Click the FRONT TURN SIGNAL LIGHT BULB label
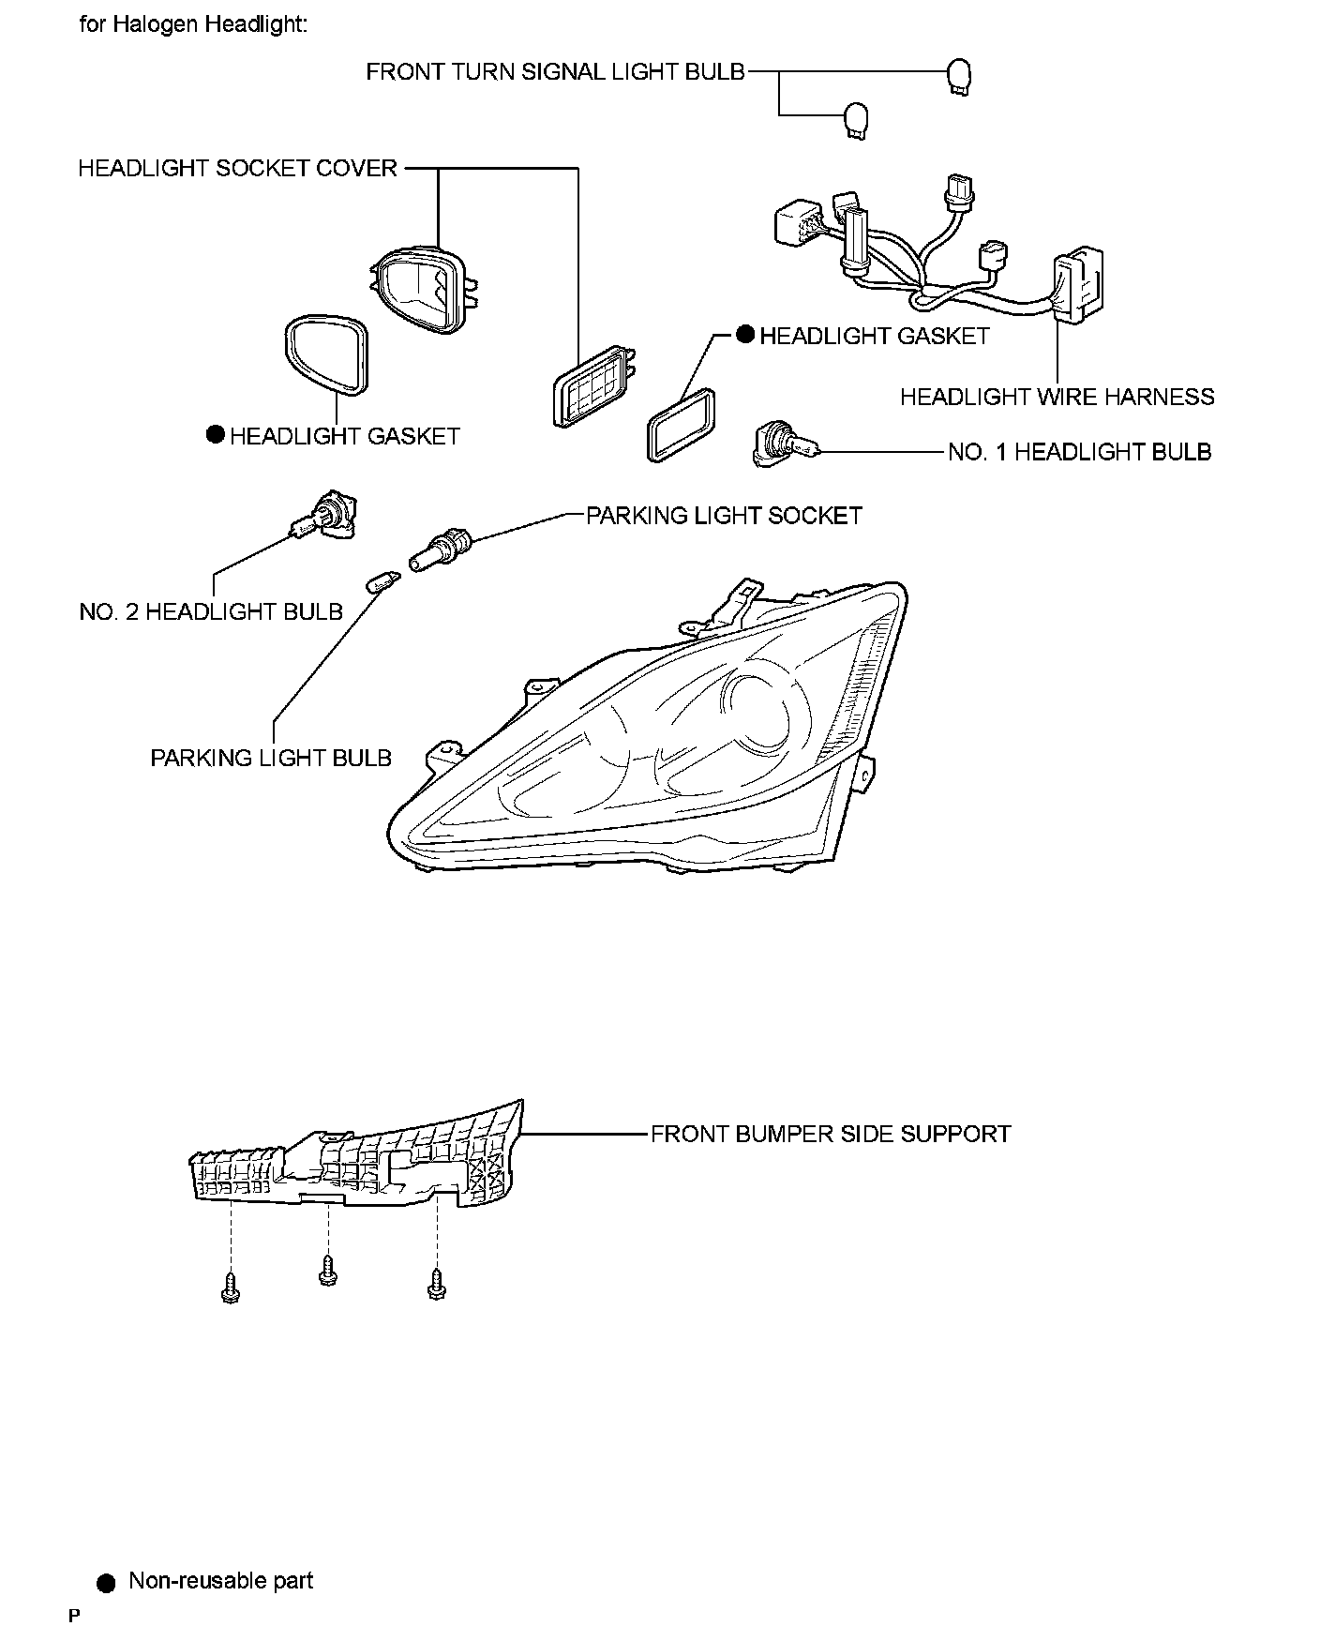click(x=555, y=72)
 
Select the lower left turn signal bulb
click(x=856, y=120)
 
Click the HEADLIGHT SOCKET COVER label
click(x=237, y=169)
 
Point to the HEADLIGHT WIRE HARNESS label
click(x=1057, y=397)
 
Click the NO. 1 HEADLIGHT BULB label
click(x=1079, y=452)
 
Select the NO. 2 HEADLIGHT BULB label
click(x=211, y=612)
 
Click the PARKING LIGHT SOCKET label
click(x=724, y=516)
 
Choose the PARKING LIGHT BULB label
click(x=271, y=758)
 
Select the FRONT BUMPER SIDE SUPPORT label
click(x=831, y=1134)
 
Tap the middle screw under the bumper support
click(x=328, y=1272)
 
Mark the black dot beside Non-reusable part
click(x=106, y=1583)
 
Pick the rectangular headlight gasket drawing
click(x=682, y=425)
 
